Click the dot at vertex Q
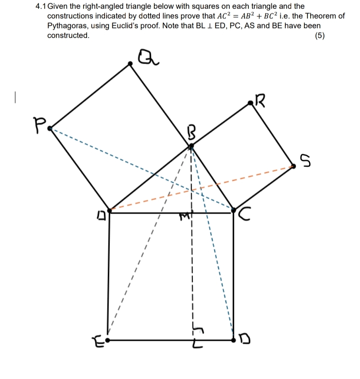click(131, 63)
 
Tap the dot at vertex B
click(191, 147)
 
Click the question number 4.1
click(40, 7)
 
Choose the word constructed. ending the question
click(68, 35)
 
